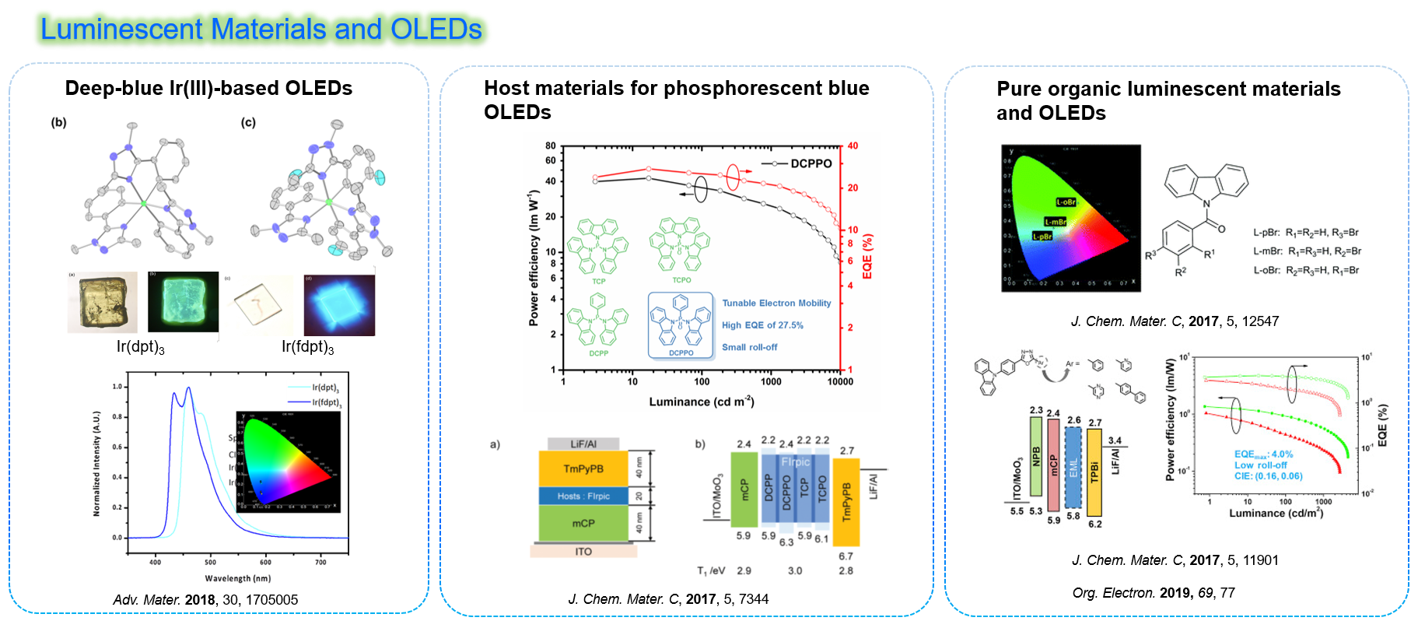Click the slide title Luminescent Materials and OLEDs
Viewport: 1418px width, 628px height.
point(261,30)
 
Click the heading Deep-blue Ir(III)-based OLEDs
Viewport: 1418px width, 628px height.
point(208,88)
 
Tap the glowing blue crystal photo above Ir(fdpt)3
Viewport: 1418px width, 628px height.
point(339,304)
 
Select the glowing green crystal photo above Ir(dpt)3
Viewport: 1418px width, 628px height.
point(183,302)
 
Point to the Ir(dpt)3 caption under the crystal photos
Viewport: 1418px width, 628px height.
point(140,347)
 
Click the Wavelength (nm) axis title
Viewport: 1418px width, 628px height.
point(238,578)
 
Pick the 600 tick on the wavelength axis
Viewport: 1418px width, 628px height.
point(265,562)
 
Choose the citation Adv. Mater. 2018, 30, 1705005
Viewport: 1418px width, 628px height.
point(205,599)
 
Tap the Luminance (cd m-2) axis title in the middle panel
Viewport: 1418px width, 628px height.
point(702,402)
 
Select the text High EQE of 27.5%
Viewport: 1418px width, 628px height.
point(762,325)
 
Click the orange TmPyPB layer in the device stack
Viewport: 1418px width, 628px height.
point(583,468)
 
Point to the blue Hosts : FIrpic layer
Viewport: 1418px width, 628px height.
point(583,496)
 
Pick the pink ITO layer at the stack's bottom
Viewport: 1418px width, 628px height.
point(583,551)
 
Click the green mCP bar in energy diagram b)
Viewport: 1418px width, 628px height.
point(744,489)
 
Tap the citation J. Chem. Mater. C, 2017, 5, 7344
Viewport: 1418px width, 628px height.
point(668,599)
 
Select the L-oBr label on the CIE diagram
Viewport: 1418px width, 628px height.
point(1066,202)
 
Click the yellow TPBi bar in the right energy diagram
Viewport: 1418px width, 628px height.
point(1094,472)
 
